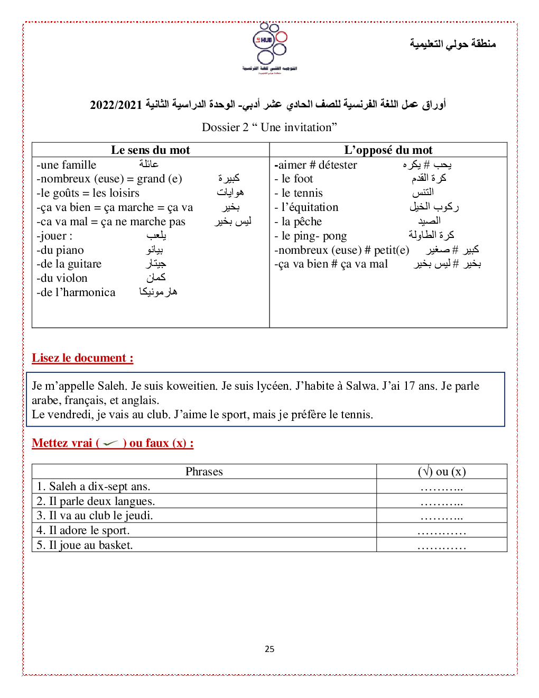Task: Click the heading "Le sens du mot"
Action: click(x=151, y=150)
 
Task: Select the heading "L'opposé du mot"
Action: click(x=388, y=150)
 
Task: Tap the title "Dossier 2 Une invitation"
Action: click(x=269, y=127)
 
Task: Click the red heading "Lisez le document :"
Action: click(x=82, y=358)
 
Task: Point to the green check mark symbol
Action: click(x=110, y=443)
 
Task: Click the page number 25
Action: click(x=269, y=649)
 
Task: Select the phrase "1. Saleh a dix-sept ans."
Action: click(x=94, y=486)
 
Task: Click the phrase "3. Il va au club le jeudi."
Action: click(x=95, y=516)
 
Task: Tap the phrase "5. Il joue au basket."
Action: click(x=85, y=545)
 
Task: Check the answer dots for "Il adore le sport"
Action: click(x=441, y=532)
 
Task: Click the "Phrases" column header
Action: click(x=204, y=472)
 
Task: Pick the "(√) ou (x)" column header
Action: click(x=441, y=472)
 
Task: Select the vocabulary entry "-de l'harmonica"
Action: click(x=76, y=292)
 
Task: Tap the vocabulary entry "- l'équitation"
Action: click(x=306, y=207)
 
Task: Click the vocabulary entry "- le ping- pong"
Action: click(x=311, y=236)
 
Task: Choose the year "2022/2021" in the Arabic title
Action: click(x=116, y=105)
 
